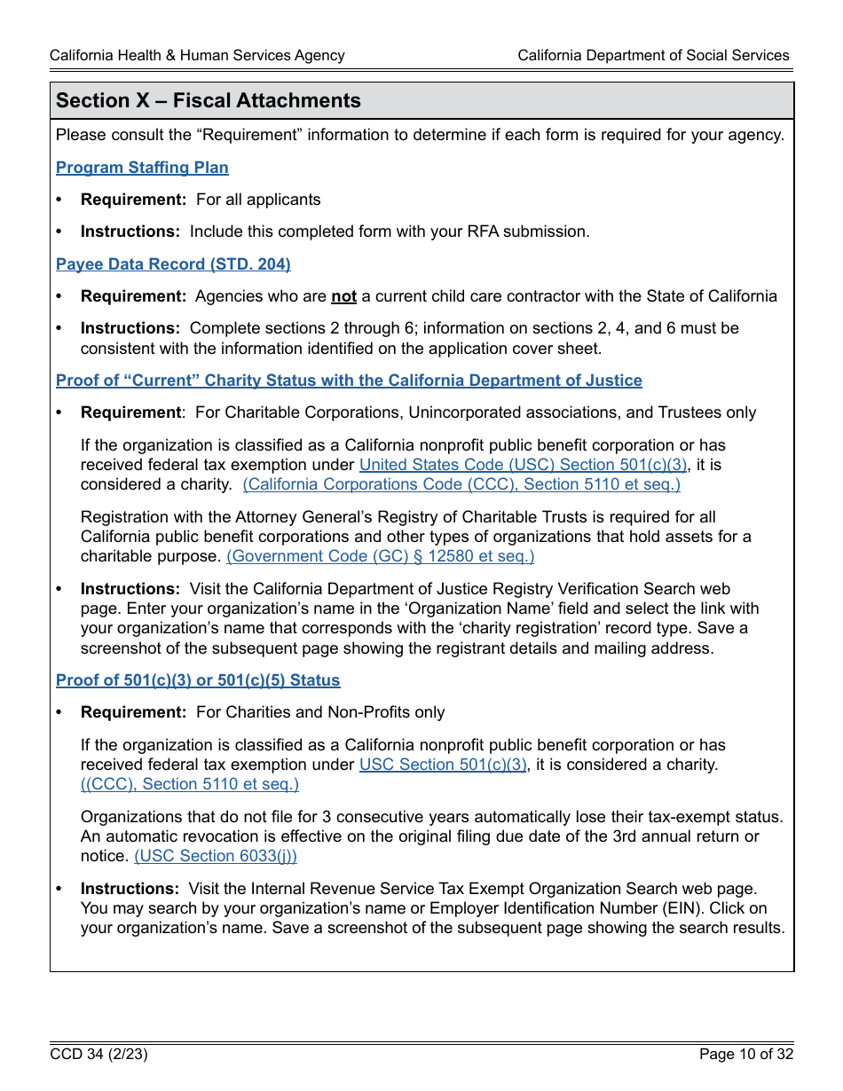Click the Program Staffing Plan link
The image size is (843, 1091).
142,168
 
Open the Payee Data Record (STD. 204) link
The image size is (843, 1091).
173,264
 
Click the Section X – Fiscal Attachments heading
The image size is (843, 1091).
209,101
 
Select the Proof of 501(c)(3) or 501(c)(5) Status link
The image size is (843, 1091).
198,680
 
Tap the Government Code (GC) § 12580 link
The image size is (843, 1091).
381,556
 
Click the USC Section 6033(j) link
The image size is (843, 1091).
216,856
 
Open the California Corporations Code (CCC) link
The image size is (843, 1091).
461,484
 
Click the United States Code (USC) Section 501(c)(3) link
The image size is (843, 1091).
523,465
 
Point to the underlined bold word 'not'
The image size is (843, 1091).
343,296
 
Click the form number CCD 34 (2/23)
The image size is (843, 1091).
98,1055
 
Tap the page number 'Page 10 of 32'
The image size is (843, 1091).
745,1055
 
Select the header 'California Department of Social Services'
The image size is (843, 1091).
653,55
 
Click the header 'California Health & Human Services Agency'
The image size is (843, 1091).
197,55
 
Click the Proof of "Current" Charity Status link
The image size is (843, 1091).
349,381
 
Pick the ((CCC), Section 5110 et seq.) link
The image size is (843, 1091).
190,784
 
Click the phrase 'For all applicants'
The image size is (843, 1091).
258,200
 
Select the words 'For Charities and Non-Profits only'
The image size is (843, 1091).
320,712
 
